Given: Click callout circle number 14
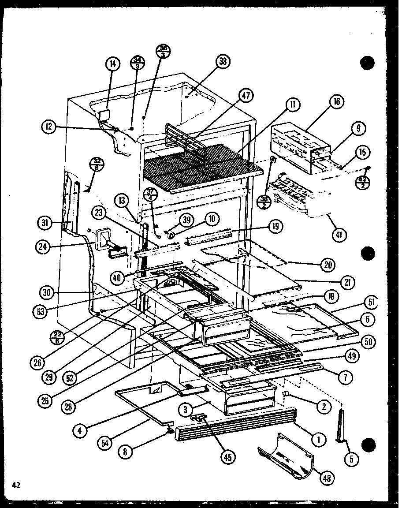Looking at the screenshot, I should pyautogui.click(x=112, y=64).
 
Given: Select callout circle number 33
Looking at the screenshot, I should pyautogui.click(x=223, y=62).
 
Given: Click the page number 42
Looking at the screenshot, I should pyautogui.click(x=16, y=485).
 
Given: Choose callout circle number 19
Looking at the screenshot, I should pyautogui.click(x=275, y=227).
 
